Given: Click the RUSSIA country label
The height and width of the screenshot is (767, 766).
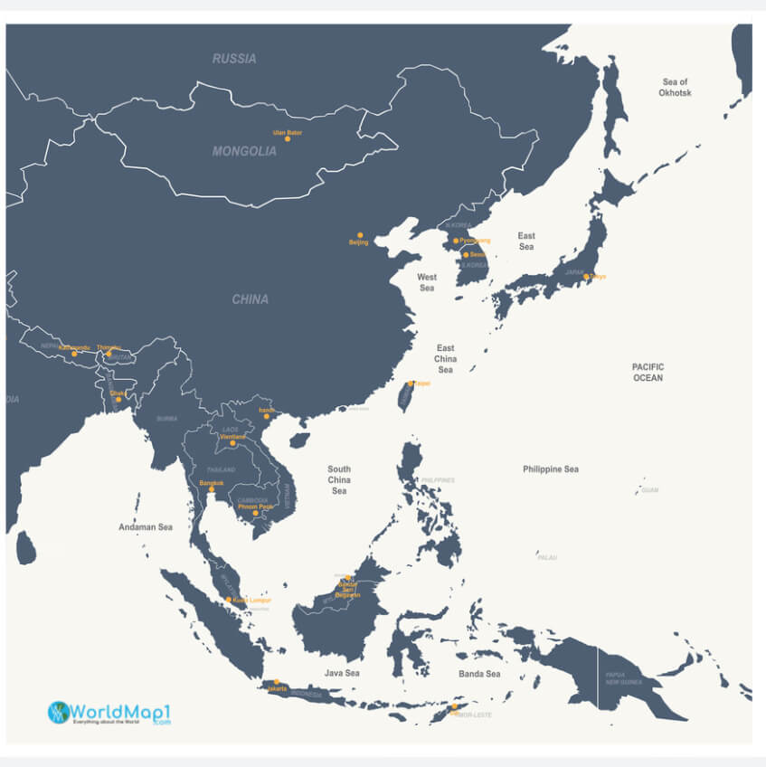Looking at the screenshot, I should pos(234,59).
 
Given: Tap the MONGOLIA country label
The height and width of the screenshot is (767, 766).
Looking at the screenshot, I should pos(244,152).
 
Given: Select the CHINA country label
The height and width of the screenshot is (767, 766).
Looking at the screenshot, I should pos(250,299).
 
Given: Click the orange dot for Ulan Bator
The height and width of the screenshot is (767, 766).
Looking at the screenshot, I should pos(288,138).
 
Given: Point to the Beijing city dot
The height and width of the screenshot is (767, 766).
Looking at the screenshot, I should pos(360,235).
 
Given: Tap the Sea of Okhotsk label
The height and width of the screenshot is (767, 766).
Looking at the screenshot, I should pos(675,88).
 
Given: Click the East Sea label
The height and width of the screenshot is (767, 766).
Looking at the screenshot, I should pos(526,241).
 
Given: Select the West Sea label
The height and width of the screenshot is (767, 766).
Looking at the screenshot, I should pos(427,283).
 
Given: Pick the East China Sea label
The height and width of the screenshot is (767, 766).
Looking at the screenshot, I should pos(445,359).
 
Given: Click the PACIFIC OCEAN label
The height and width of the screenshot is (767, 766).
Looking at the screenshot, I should pos(648,372).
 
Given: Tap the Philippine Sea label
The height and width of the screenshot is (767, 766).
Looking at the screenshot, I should pos(551,469).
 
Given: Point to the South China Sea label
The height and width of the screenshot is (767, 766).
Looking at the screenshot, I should pos(339,480).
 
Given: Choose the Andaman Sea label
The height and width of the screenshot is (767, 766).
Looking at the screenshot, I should pos(145,526).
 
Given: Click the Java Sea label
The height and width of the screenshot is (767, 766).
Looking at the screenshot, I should pos(342,674).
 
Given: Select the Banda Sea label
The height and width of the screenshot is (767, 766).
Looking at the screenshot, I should pos(479,674).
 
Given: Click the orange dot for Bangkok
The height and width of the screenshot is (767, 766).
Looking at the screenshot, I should pos(212,489).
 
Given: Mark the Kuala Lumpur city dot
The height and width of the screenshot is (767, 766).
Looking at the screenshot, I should pos(229,599).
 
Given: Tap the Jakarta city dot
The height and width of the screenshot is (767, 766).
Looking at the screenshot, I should pos(277,682).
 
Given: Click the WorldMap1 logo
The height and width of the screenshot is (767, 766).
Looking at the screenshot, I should pos(109,712).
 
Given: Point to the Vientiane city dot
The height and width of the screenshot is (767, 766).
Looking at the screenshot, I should pos(232,443).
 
